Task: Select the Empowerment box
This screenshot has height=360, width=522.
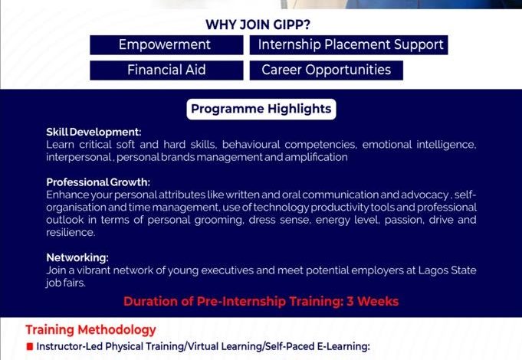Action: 164,45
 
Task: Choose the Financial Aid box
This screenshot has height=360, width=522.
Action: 166,70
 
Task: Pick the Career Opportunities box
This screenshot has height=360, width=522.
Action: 326,70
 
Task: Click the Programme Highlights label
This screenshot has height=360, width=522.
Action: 261,109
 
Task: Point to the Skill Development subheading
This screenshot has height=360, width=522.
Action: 94,133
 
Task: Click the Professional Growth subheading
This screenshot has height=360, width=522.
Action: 98,182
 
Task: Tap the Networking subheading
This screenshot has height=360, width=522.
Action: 77,257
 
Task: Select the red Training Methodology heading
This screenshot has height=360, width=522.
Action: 90,330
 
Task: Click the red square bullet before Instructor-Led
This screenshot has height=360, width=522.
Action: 29,347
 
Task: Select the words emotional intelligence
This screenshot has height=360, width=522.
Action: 419,145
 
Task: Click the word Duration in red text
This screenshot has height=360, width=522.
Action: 150,301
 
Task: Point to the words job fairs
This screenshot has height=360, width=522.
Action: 66,283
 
